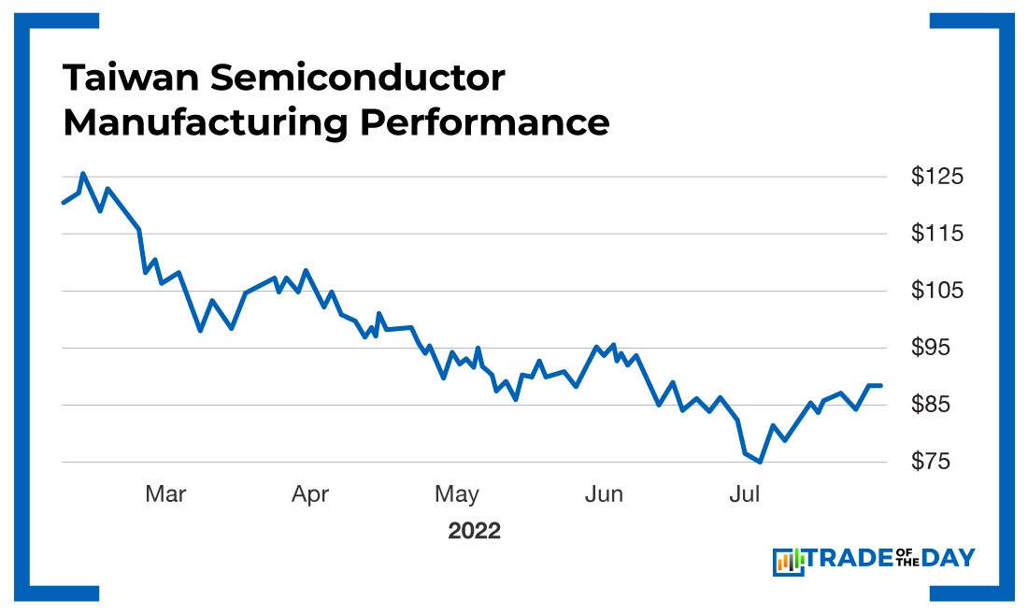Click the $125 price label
tap(937, 176)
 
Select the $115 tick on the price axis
tap(937, 233)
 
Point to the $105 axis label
tap(937, 291)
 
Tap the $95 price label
tap(937, 348)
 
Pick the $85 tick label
tap(937, 405)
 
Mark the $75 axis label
tap(937, 462)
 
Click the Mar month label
tap(165, 494)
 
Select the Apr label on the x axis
tap(310, 494)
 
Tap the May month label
tap(457, 494)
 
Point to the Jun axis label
tap(604, 494)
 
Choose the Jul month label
tap(744, 494)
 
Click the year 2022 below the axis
tap(474, 532)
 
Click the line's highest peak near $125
tap(83, 174)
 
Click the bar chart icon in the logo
tap(788, 561)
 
